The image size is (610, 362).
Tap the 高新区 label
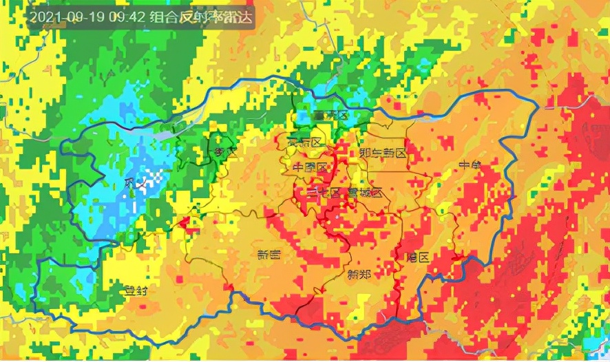tap(305, 142)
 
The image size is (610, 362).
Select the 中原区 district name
tap(309, 167)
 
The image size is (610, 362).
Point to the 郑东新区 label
tap(383, 152)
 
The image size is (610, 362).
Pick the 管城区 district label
tap(365, 193)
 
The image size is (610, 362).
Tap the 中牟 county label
tap(470, 165)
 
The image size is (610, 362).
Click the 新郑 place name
tap(359, 275)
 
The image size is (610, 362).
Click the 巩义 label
tap(132, 183)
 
